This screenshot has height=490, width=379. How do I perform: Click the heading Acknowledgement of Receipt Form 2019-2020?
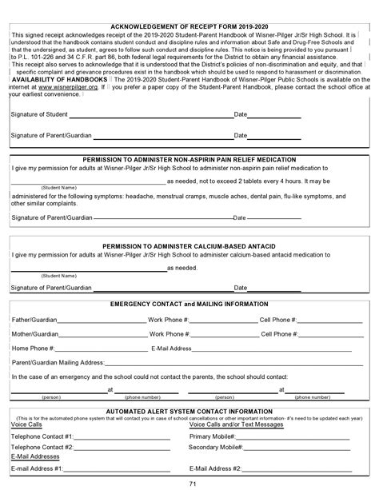pos(189,26)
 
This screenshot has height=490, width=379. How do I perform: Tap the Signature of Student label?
pos(39,115)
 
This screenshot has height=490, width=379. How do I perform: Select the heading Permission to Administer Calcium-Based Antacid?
pos(190,246)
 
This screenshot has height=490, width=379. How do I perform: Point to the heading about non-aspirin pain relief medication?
pos(189,159)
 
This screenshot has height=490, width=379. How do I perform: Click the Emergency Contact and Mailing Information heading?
pos(190,305)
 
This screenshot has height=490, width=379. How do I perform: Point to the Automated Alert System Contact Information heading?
pos(189,411)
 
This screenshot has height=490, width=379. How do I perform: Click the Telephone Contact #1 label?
pos(42,436)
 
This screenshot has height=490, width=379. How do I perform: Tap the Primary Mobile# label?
pos(212,436)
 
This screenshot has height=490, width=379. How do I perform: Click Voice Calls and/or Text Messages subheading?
pos(236,424)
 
